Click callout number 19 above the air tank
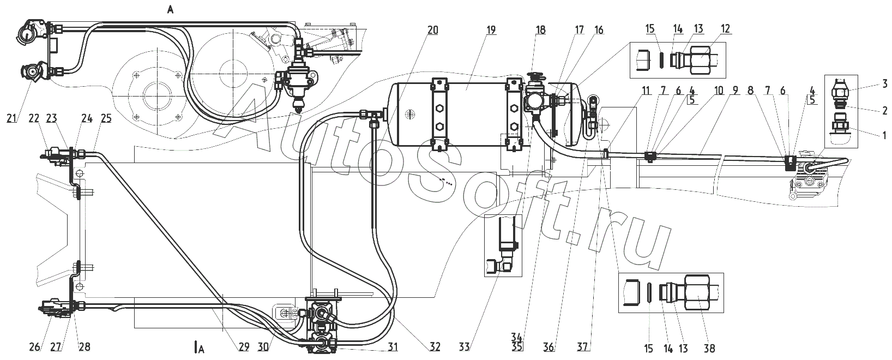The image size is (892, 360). (x=491, y=30)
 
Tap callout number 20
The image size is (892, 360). (x=433, y=30)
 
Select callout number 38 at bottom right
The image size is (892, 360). (x=709, y=349)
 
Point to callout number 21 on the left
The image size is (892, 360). (x=11, y=118)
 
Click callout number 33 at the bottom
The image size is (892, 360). (x=465, y=347)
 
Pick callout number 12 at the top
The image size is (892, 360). (x=725, y=28)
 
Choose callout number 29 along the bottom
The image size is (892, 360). (x=244, y=347)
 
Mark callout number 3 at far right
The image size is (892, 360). (x=884, y=83)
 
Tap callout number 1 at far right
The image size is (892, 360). (x=884, y=135)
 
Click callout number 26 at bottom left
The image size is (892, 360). (x=35, y=347)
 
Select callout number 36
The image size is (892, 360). (x=549, y=347)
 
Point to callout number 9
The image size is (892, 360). (x=735, y=91)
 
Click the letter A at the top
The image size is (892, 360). (x=171, y=10)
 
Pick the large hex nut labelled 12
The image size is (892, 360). (x=702, y=60)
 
